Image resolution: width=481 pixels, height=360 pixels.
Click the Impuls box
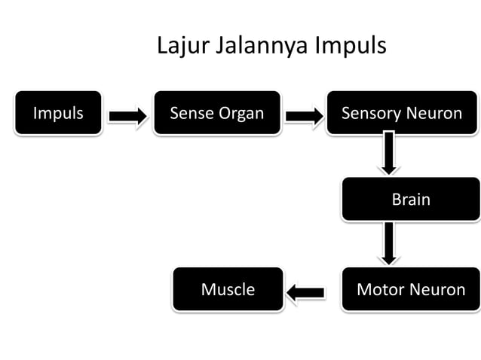point(57,114)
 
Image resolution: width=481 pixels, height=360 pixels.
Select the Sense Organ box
point(217,114)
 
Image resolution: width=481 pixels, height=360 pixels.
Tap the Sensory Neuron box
point(402,114)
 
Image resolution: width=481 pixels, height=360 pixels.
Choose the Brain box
point(410,200)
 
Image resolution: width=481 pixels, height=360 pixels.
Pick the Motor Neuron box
point(410,289)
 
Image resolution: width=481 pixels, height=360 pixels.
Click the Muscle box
point(228,289)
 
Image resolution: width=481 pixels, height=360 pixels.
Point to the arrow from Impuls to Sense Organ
point(127,116)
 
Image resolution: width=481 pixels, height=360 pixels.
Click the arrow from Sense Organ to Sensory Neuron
point(304,116)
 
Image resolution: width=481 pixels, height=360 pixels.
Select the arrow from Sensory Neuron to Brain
point(389,154)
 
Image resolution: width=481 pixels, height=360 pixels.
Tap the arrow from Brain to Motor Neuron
point(389,243)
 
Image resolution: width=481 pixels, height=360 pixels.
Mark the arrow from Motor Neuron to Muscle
point(305,291)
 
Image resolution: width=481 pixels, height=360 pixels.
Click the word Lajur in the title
point(183,46)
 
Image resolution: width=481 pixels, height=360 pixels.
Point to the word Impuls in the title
point(351,47)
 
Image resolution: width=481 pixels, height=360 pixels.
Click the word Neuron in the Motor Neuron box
point(439,289)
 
